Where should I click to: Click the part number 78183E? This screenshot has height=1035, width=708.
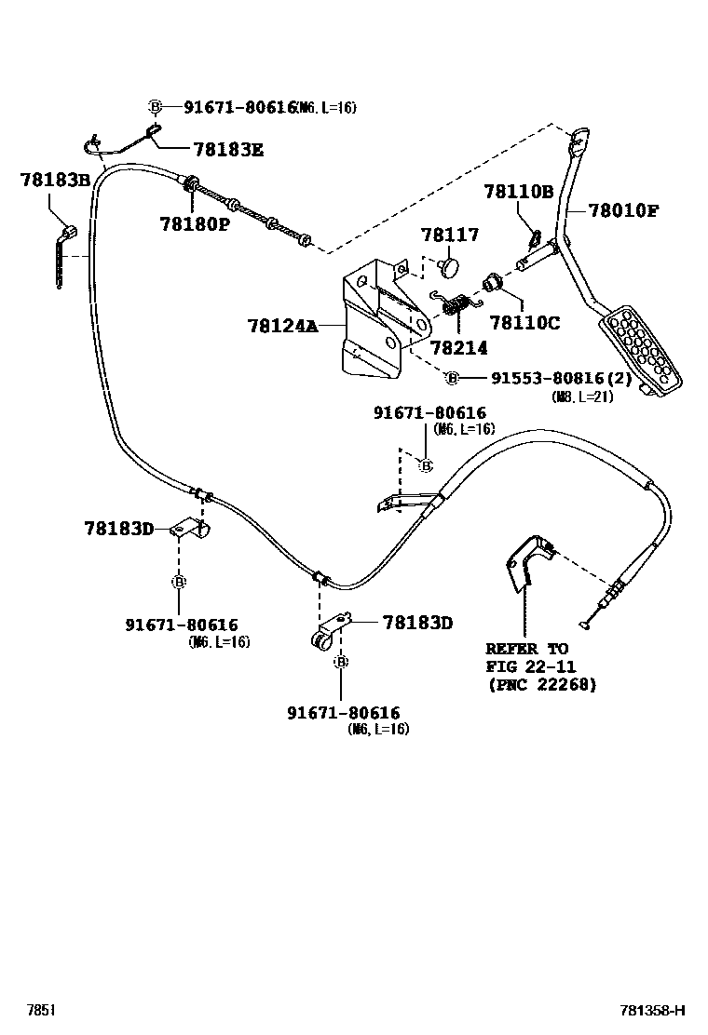pos(227,148)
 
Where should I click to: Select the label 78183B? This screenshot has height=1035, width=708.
pos(54,180)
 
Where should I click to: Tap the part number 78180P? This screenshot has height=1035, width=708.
pos(194,224)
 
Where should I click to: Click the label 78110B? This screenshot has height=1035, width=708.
pos(518,192)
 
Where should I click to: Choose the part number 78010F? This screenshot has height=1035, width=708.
pos(623,210)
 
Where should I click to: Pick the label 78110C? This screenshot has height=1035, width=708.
pos(524,322)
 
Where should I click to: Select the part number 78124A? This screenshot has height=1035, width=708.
pos(282,326)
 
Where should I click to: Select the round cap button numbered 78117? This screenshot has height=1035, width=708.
pos(451,266)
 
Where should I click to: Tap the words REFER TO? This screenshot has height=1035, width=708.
pos(526,648)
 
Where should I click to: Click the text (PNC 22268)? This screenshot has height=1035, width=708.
pos(540,685)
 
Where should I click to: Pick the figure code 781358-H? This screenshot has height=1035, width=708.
pos(652,1010)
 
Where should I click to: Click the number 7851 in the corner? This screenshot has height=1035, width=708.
pos(40,1010)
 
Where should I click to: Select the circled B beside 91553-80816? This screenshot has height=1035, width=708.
pos(452,378)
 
